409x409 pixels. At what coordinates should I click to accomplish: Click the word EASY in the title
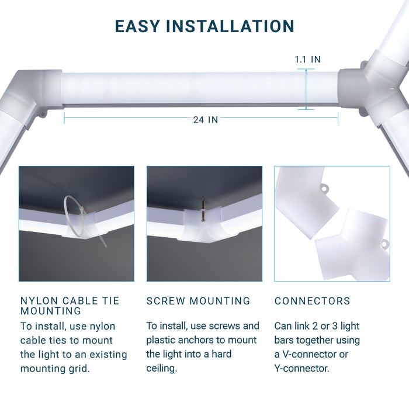coord(137,26)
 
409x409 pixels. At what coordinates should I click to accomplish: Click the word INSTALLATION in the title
coord(230,26)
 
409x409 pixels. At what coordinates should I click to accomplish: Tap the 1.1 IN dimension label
coord(307,60)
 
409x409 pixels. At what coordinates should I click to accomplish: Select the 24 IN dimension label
coord(206,120)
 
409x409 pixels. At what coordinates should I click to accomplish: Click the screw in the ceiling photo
coord(203,210)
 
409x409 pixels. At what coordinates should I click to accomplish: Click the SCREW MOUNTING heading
coord(198,301)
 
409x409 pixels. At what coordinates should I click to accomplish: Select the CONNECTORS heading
coord(312,301)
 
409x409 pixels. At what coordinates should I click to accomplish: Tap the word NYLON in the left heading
coord(39,301)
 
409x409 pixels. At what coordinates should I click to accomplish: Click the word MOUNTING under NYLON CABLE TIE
coord(51,311)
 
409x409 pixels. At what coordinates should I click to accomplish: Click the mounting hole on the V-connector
coord(324,188)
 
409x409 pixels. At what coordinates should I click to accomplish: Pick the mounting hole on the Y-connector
coord(384,244)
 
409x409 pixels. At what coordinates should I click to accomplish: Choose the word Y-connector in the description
coord(302,368)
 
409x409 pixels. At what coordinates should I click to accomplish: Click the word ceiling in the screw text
coord(162,368)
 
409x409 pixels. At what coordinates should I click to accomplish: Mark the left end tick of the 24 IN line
coord(64,118)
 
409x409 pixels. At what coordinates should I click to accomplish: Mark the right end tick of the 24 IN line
coord(338,118)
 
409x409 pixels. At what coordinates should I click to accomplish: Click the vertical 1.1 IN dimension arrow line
coord(306,89)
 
